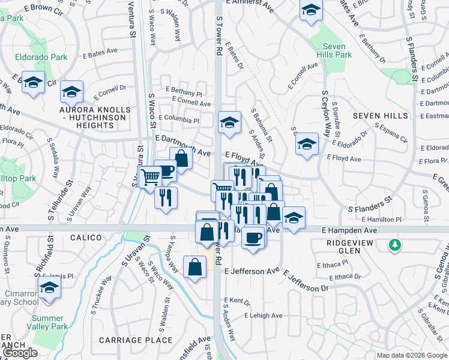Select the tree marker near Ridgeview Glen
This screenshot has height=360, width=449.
click(x=394, y=245)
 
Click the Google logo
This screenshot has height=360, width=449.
click(x=19, y=353)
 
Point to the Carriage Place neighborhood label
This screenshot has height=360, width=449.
click(x=136, y=340)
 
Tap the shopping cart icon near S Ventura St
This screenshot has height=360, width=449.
click(x=149, y=177)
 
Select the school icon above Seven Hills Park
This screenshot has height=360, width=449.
click(x=310, y=10)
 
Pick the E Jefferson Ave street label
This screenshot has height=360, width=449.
click(x=252, y=271)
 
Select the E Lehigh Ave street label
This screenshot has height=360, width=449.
click(x=263, y=316)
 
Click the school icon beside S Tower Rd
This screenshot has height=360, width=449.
click(x=229, y=122)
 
